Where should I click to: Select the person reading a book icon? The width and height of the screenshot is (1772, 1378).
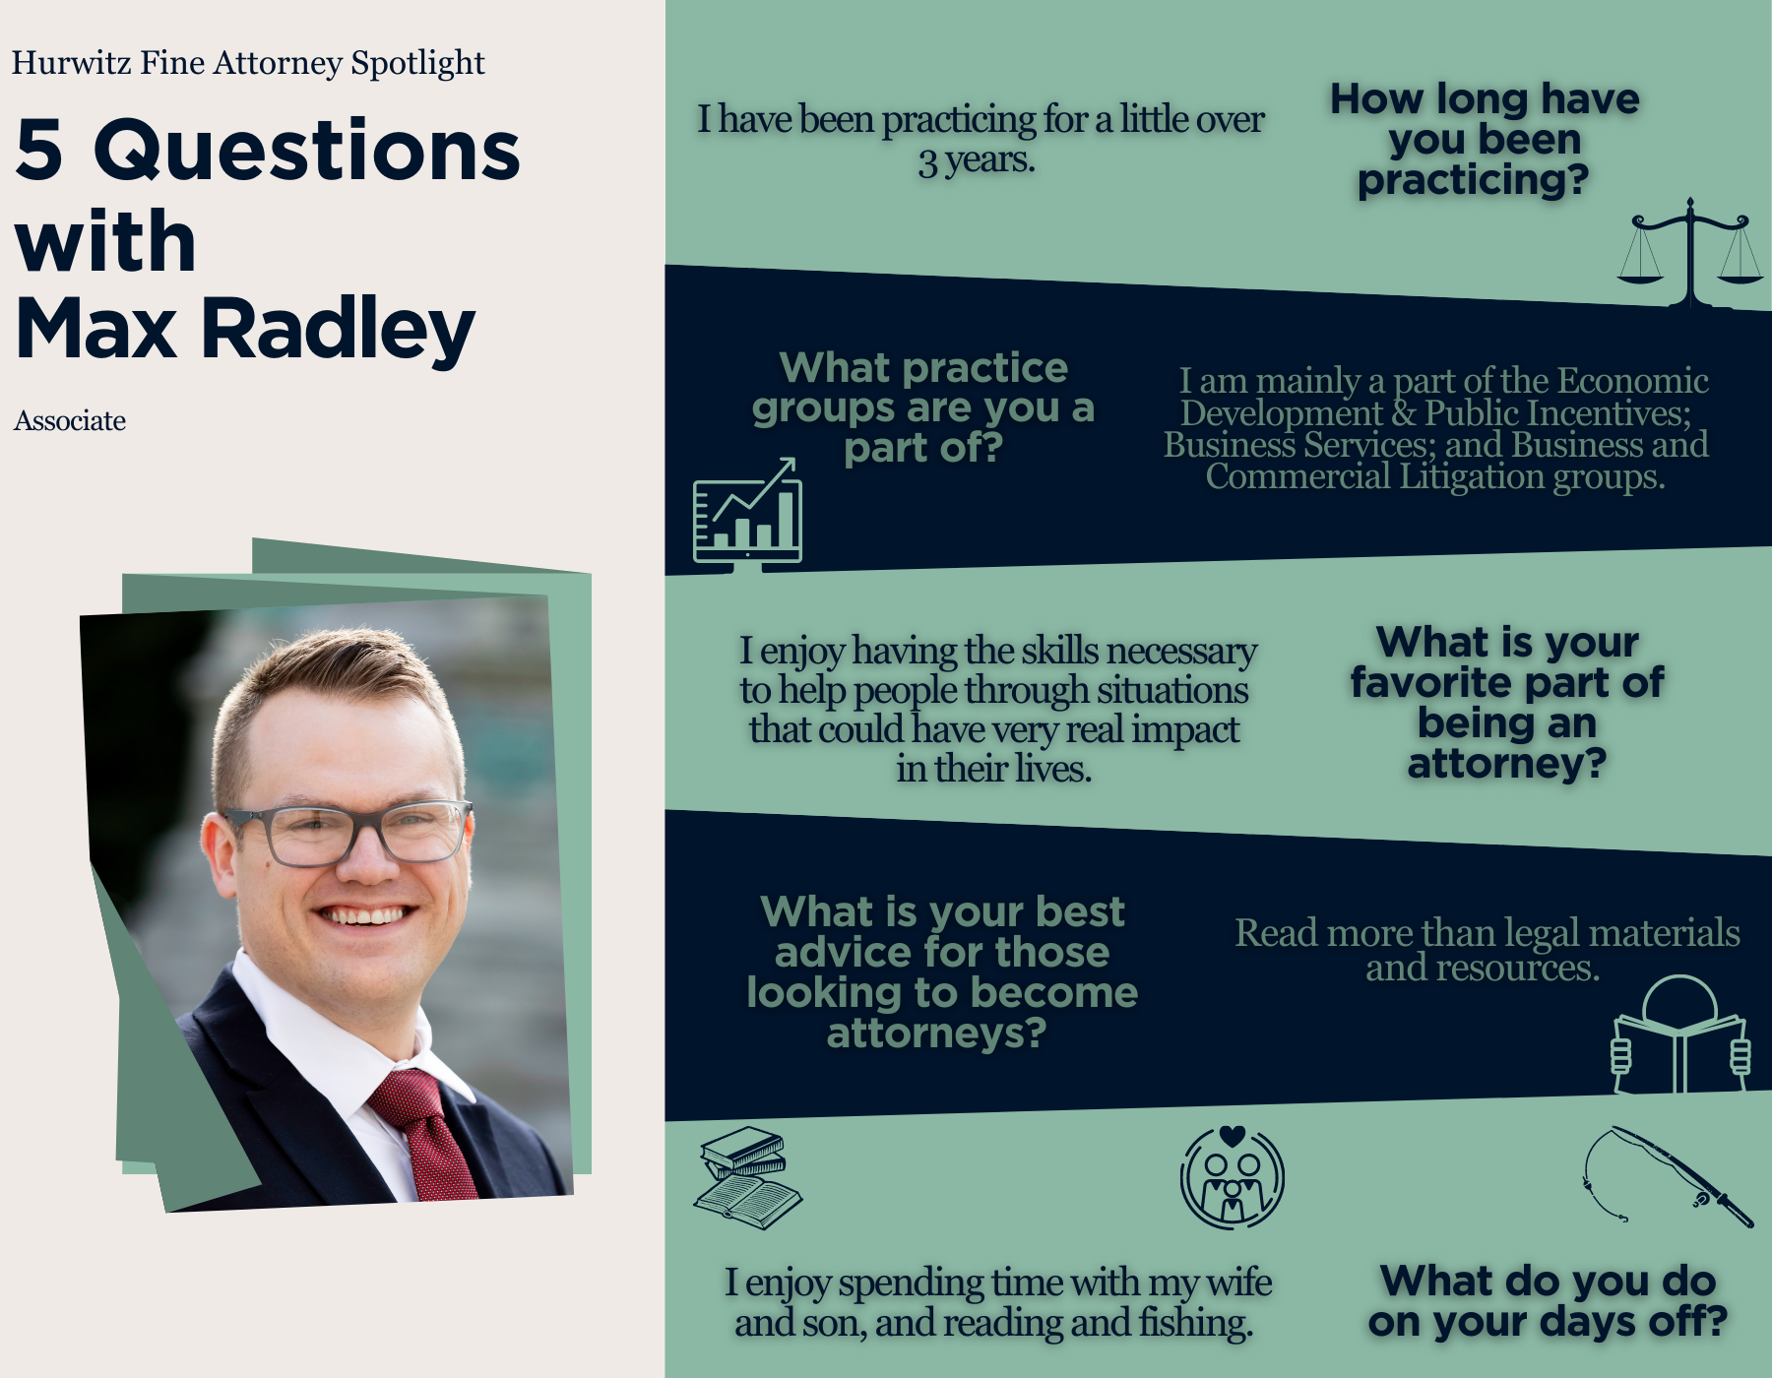[1679, 1033]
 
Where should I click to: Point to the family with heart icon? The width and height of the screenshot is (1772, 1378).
[1233, 1177]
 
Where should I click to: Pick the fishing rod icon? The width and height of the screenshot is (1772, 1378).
[1668, 1177]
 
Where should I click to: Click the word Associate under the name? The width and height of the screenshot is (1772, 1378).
[70, 421]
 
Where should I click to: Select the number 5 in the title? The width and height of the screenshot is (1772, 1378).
[39, 150]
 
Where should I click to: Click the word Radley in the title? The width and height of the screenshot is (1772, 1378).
[339, 330]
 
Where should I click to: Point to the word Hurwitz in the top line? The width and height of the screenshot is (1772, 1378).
[71, 63]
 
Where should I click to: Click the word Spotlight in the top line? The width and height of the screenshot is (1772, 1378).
[417, 64]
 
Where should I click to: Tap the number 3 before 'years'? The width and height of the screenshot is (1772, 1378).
[927, 161]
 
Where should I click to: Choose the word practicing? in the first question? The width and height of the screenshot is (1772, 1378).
[1474, 181]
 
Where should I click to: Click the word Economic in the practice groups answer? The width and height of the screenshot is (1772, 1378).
[1633, 381]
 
